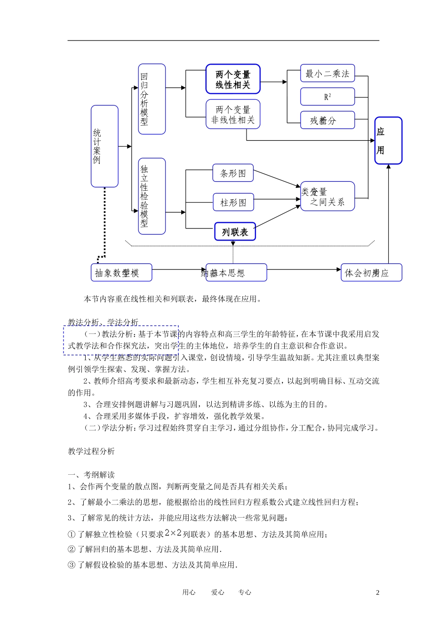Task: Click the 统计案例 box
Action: pos(104,146)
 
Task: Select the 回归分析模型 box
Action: pos(152,99)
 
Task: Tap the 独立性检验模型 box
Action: pos(152,196)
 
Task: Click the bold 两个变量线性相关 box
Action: pos(233,79)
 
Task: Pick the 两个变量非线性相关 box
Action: pos(233,114)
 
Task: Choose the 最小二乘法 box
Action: pos(327,73)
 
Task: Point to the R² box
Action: pos(327,97)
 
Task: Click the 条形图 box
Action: pos(233,173)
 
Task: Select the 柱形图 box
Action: pos(233,202)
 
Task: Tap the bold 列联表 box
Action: pos(235,232)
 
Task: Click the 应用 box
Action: pos(388,140)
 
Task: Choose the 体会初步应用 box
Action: pos(371,273)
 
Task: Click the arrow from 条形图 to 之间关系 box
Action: pos(277,178)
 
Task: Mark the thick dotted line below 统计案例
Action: pos(104,221)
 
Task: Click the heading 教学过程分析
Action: pos(91,451)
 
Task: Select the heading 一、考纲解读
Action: pos(91,475)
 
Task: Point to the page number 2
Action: pos(377,592)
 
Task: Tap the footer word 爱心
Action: pos(217,592)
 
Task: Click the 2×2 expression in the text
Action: pos(173,533)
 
